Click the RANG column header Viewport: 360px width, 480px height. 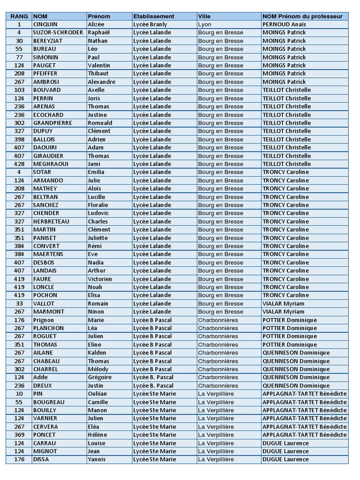(x=19, y=16)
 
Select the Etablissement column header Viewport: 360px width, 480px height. (x=153, y=16)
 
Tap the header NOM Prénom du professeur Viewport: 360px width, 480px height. (x=302, y=16)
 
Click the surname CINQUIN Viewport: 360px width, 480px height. (x=45, y=24)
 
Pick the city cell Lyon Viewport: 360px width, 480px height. (x=205, y=24)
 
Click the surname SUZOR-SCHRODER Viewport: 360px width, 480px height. (x=58, y=32)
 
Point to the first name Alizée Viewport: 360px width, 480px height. (x=96, y=24)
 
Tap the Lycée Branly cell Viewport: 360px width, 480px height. (x=150, y=24)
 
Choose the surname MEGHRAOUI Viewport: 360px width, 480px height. (x=51, y=164)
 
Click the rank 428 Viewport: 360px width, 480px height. (x=19, y=164)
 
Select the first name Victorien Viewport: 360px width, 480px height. (x=100, y=279)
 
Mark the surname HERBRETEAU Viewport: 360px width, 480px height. (x=51, y=221)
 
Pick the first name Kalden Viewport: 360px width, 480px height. (x=97, y=353)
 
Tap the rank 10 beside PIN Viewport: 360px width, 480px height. (x=19, y=394)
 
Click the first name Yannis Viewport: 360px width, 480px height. (x=97, y=459)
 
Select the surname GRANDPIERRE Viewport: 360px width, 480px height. (x=52, y=123)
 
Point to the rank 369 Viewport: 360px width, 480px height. (x=19, y=435)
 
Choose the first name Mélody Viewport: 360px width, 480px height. (x=97, y=369)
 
